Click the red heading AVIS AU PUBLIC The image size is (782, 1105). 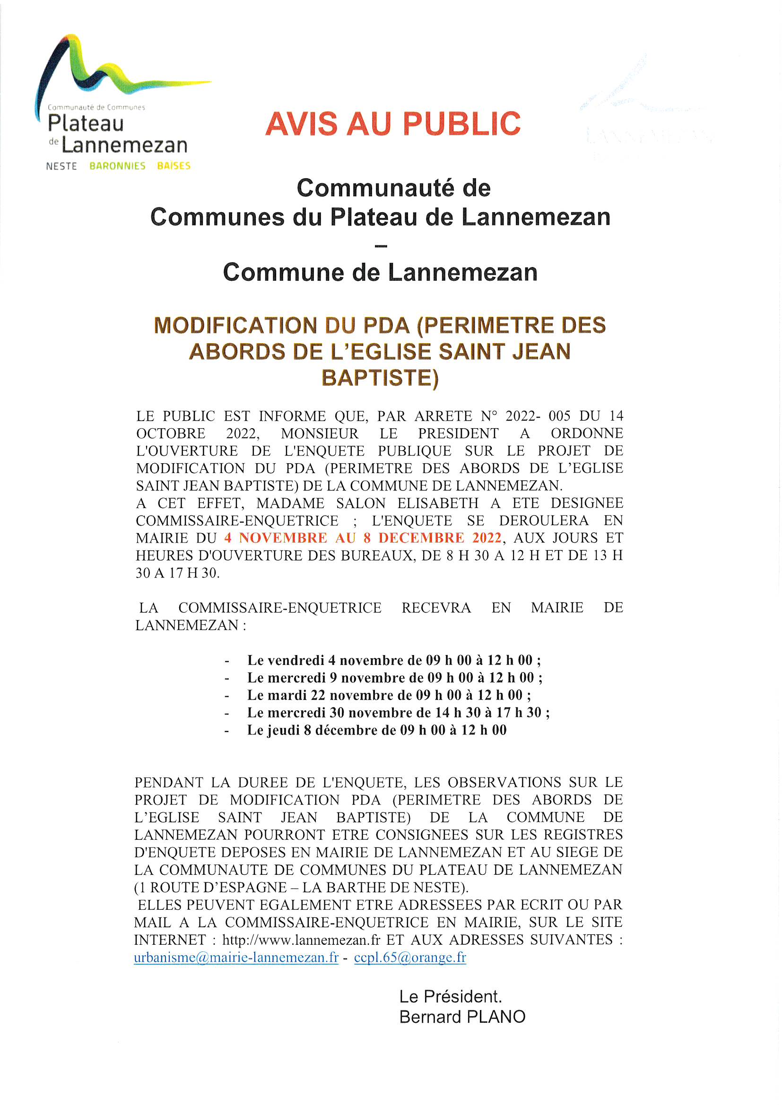click(393, 124)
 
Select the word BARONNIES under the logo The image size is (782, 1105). click(118, 166)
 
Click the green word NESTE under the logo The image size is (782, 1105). click(61, 166)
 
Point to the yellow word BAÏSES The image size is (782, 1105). click(174, 166)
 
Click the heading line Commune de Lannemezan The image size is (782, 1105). click(380, 272)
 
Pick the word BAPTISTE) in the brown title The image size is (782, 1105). click(380, 378)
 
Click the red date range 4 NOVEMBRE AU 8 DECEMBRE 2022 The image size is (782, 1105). click(363, 537)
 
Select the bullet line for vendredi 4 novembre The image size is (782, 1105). click(394, 660)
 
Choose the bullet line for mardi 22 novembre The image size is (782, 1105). click(389, 695)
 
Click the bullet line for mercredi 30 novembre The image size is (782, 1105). click(398, 712)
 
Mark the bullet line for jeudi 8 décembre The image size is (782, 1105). click(376, 730)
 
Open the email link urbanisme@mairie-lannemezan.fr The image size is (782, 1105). click(236, 957)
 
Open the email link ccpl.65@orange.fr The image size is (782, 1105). click(410, 957)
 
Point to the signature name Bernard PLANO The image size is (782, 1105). click(462, 1017)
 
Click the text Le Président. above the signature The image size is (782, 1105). click(450, 996)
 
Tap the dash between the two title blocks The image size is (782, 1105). click(381, 246)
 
